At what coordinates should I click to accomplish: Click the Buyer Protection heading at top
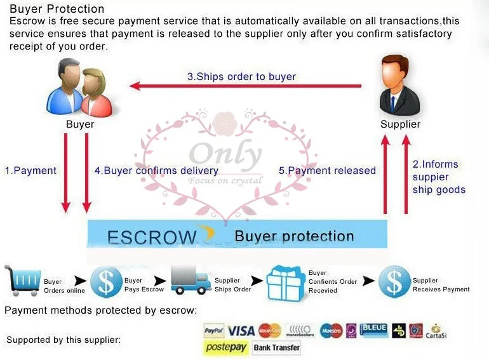[57, 9]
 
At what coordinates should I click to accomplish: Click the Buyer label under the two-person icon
[80, 124]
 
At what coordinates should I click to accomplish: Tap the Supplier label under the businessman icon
[400, 124]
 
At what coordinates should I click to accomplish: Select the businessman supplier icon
[399, 85]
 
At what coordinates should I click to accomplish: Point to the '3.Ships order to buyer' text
[241, 77]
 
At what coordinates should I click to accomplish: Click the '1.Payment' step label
[30, 171]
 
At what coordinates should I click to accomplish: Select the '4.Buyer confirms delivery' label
[156, 171]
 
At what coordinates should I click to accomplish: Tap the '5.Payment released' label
[328, 171]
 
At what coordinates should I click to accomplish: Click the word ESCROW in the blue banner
[152, 237]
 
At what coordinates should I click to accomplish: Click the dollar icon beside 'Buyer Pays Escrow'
[105, 282]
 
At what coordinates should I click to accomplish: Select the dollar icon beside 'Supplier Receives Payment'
[394, 282]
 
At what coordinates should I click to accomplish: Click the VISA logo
[241, 331]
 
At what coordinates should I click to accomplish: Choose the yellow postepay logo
[226, 348]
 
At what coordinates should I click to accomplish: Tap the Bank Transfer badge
[276, 348]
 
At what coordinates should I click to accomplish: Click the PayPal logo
[214, 331]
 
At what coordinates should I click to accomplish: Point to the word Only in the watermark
[225, 155]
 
